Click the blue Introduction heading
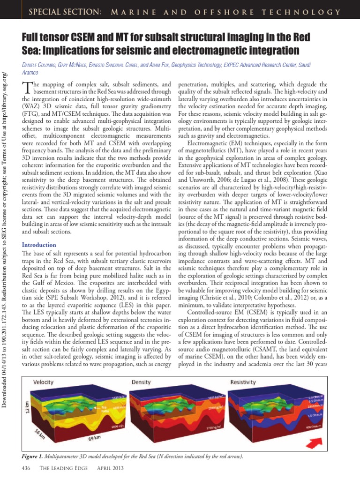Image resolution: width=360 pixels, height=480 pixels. [39, 245]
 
